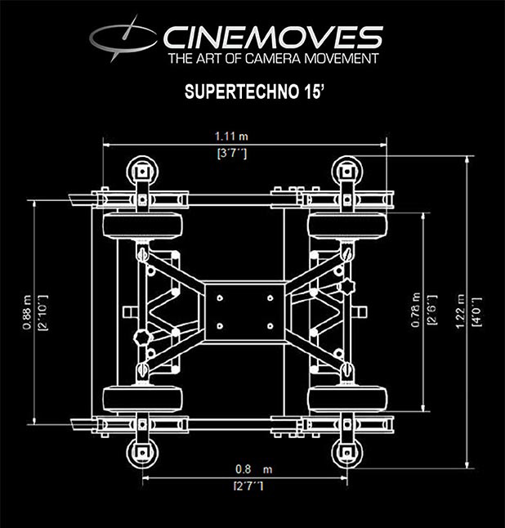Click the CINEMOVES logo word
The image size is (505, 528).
pyautogui.click(x=273, y=38)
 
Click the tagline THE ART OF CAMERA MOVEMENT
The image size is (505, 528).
pyautogui.click(x=274, y=59)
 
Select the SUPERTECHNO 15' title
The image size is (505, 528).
pyautogui.click(x=254, y=92)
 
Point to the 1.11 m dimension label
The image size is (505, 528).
pyautogui.click(x=231, y=136)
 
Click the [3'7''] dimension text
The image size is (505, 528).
pyautogui.click(x=232, y=154)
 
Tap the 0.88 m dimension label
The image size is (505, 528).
pyautogui.click(x=27, y=312)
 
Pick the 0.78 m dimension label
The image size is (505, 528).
pyautogui.click(x=415, y=310)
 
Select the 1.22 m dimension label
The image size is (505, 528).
pyautogui.click(x=460, y=311)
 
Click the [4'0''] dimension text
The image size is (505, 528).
pyautogui.click(x=477, y=312)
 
